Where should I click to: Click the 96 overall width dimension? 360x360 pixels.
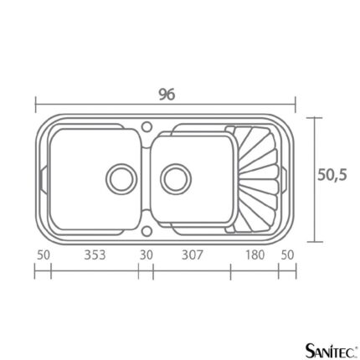(x=167, y=95)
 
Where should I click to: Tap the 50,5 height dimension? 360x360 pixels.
(x=332, y=175)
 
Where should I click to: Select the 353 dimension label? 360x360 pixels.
(x=95, y=255)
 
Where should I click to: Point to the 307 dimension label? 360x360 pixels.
(x=193, y=255)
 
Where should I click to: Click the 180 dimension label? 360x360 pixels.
(x=255, y=255)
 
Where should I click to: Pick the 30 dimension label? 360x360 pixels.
(x=147, y=255)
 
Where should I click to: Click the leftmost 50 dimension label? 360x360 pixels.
(x=44, y=255)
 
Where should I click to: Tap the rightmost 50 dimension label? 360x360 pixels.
(x=287, y=255)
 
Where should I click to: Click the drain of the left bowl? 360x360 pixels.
(x=121, y=179)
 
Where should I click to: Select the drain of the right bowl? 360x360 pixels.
(x=176, y=178)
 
